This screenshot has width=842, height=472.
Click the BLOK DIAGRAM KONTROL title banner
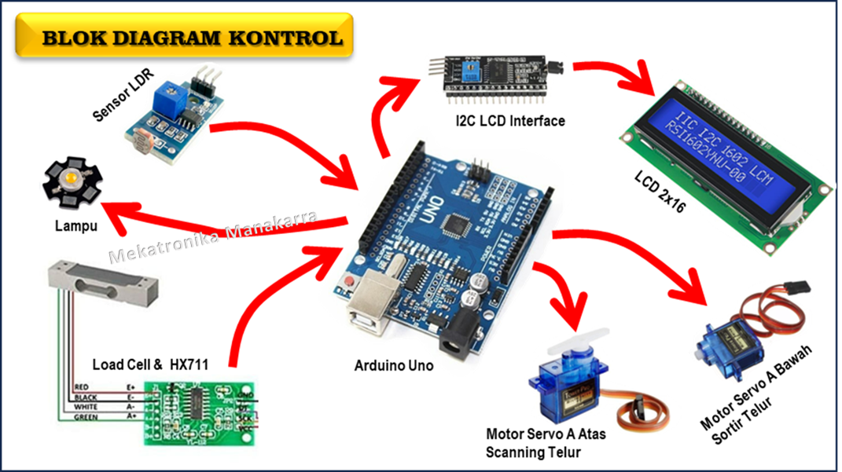[192, 38]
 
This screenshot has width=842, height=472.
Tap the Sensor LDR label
[123, 95]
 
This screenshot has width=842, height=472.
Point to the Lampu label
[76, 227]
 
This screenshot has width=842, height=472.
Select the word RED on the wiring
[82, 387]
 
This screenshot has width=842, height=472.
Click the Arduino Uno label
[393, 365]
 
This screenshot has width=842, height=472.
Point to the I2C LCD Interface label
[509, 121]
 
